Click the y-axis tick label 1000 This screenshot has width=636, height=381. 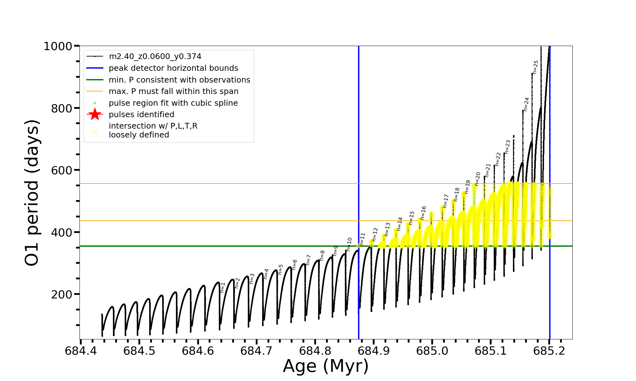pyautogui.click(x=58, y=46)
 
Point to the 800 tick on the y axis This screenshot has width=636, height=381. pyautogui.click(x=61, y=108)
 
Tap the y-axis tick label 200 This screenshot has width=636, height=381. pyautogui.click(x=61, y=295)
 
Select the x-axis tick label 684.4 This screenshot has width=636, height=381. pyautogui.click(x=81, y=351)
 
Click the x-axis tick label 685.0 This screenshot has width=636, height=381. pyautogui.click(x=432, y=351)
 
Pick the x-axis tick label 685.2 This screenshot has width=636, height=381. pyautogui.click(x=549, y=351)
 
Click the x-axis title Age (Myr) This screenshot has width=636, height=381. pyautogui.click(x=326, y=366)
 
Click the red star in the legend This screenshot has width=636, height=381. pyautogui.click(x=95, y=114)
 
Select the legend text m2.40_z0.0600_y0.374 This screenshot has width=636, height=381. pyautogui.click(x=155, y=57)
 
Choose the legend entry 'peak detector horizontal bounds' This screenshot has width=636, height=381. pyautogui.click(x=173, y=68)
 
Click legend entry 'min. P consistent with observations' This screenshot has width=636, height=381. pyautogui.click(x=179, y=80)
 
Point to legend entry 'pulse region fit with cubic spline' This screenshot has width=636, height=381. pyautogui.click(x=173, y=103)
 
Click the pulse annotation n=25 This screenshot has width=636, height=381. pyautogui.click(x=536, y=67)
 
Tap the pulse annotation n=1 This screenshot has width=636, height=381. pyautogui.click(x=223, y=287)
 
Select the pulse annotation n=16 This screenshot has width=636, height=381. pyautogui.click(x=423, y=213)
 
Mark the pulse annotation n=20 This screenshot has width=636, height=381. pyautogui.click(x=478, y=179)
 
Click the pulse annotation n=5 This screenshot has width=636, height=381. pyautogui.click(x=280, y=269)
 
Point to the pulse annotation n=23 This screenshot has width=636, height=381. pyautogui.click(x=508, y=147)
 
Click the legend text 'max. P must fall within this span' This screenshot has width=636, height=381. pyautogui.click(x=173, y=91)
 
